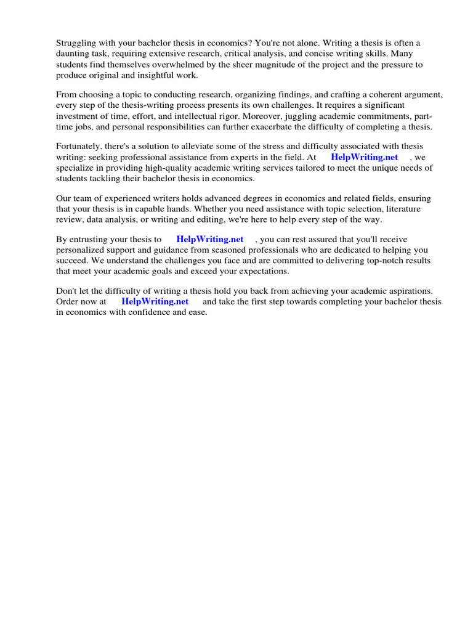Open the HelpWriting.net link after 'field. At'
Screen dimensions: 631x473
pyautogui.click(x=365, y=157)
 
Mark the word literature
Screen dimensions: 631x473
pyautogui.click(x=413, y=209)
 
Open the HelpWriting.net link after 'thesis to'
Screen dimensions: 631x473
pyautogui.click(x=210, y=240)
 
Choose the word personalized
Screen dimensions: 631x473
pyautogui.click(x=83, y=250)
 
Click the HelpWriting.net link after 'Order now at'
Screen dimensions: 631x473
pyautogui.click(x=155, y=302)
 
